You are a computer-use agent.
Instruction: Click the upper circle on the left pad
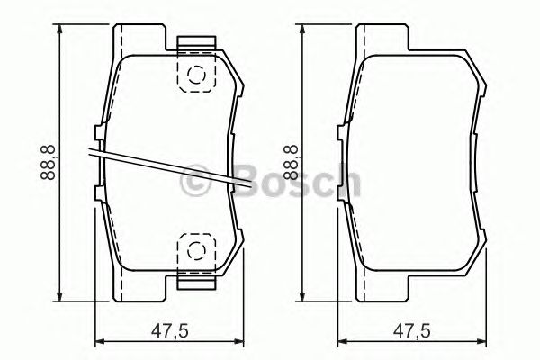[x=199, y=76]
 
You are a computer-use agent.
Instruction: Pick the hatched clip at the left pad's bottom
[x=198, y=283]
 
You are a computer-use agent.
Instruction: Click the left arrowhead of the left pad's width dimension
[x=99, y=340]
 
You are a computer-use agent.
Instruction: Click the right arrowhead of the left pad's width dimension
[x=241, y=340]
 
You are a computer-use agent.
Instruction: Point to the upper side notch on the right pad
[x=337, y=136]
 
